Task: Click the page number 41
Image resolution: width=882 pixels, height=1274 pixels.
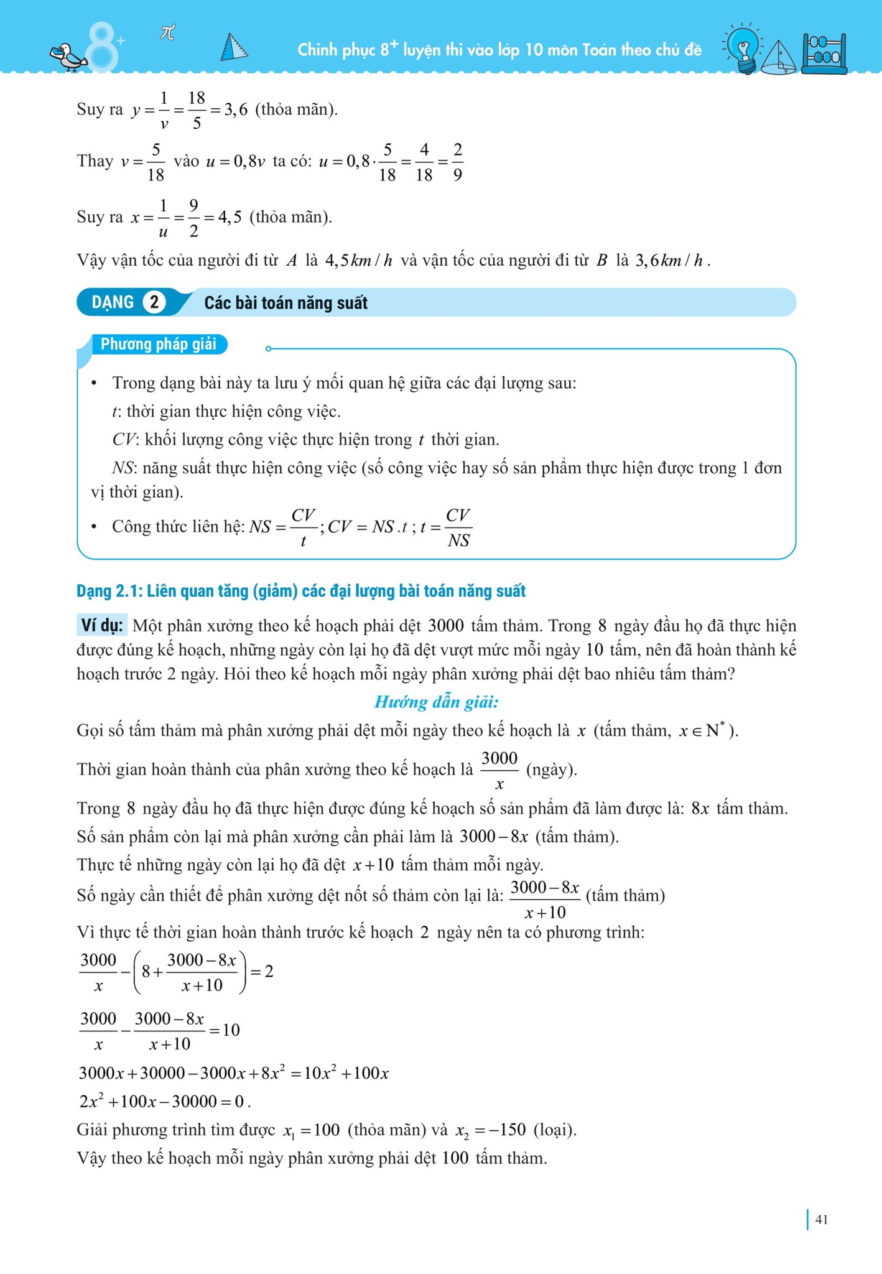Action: coord(821,1219)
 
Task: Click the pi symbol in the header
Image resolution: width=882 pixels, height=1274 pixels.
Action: coord(167,32)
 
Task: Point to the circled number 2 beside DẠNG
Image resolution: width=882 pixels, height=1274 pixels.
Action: coord(154,302)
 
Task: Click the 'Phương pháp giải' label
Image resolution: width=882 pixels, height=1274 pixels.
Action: coord(158,344)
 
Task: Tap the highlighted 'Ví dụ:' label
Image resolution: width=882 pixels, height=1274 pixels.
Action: coord(102,625)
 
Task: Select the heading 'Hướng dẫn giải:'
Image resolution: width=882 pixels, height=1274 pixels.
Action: coord(436,702)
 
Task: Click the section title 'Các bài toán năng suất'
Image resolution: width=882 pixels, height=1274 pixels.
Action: coord(285,303)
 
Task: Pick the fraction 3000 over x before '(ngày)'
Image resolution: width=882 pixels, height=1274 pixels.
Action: coord(499,770)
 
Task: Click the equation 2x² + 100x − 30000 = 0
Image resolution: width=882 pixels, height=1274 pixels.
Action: coord(164,1102)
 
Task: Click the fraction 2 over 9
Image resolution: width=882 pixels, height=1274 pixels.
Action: coord(457,162)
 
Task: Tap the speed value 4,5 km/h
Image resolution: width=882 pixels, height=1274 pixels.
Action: coord(358,260)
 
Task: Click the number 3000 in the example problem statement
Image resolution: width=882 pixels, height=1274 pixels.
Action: coord(446,626)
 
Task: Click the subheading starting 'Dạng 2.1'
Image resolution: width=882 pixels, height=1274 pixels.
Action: coord(301,591)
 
